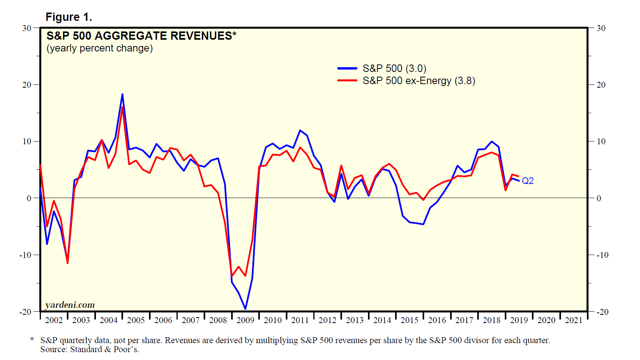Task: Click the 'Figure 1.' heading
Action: coord(69,17)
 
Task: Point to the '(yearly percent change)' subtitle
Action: coord(99,48)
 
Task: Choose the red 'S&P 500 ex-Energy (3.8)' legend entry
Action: coord(419,81)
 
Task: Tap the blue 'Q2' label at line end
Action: coord(528,181)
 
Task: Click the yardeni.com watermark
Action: coord(70,305)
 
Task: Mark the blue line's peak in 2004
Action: coord(122,94)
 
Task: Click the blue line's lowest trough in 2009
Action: coord(245,309)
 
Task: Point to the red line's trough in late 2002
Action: coord(68,263)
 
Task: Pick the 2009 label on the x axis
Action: coord(245,320)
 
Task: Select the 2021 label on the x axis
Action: coord(574,320)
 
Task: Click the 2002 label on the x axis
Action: coord(54,320)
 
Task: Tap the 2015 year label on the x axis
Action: coord(409,320)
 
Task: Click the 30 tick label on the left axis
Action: coord(27,28)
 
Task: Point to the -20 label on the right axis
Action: coord(602,312)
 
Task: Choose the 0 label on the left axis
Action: coord(29,198)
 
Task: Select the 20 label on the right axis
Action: coord(601,85)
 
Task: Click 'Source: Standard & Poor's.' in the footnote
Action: coord(90,349)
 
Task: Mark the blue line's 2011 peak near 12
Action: coord(300,130)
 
